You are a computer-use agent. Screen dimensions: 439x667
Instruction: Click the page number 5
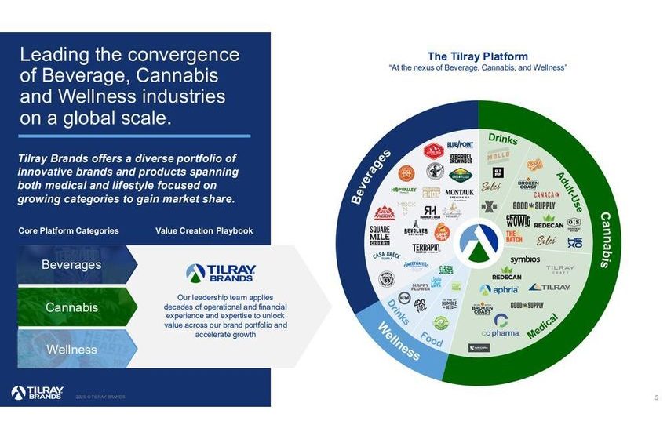point(656,397)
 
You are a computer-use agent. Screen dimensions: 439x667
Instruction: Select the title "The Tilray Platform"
point(477,56)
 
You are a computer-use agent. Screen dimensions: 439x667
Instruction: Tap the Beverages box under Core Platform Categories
point(72,265)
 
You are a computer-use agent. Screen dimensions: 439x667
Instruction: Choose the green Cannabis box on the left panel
point(72,307)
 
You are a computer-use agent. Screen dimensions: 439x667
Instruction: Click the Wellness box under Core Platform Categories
point(72,349)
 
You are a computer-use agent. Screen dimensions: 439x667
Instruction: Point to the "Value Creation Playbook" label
point(204,231)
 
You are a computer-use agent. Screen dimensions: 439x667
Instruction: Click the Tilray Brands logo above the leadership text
point(220,273)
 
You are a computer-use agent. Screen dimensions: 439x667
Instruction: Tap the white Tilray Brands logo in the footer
point(38,393)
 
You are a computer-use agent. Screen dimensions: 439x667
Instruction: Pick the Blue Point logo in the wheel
point(461,145)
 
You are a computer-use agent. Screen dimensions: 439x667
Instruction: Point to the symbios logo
point(525,259)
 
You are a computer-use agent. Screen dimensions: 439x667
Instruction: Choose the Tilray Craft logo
point(559,269)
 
